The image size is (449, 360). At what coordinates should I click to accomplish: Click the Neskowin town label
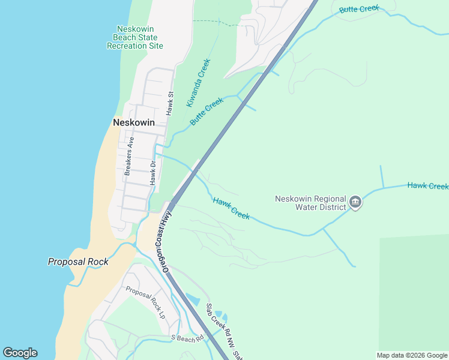[134, 122]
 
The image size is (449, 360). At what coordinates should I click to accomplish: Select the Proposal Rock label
[78, 262]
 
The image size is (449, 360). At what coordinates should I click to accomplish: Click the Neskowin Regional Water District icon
[355, 203]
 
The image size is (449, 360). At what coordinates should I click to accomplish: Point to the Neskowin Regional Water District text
[311, 203]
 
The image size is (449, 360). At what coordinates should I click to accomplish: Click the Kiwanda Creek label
[198, 83]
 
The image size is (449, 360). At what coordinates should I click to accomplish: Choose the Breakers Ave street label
[129, 156]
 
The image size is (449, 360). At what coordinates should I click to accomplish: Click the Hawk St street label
[170, 103]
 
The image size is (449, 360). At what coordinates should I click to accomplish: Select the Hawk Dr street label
[154, 172]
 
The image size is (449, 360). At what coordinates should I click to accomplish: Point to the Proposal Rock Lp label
[145, 302]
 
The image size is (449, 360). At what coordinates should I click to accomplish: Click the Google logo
[20, 353]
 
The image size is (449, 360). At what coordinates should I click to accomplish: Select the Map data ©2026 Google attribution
[412, 355]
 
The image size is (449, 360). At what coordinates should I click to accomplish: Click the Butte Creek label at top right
[359, 9]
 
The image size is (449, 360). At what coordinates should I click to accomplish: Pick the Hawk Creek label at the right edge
[427, 186]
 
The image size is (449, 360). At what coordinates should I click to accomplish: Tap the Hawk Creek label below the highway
[231, 208]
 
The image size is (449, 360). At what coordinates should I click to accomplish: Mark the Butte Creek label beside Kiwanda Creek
[206, 111]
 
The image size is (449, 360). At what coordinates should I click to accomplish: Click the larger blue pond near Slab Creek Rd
[193, 298]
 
